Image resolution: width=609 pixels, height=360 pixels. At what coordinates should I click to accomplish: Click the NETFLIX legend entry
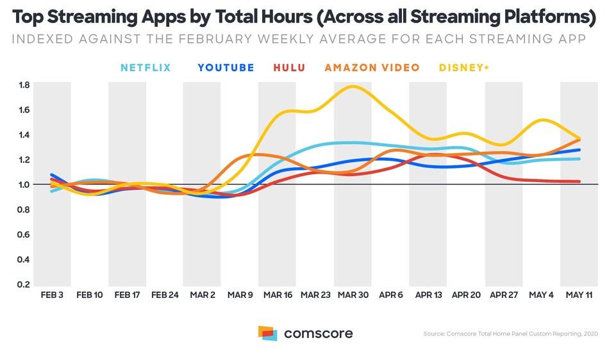(146, 67)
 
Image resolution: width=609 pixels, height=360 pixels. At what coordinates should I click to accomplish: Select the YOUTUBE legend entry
(226, 67)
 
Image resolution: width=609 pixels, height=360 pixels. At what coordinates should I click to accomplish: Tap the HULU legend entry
(289, 67)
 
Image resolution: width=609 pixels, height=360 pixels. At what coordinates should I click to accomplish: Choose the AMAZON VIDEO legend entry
(372, 67)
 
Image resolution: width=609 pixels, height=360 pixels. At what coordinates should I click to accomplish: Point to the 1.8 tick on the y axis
(23, 85)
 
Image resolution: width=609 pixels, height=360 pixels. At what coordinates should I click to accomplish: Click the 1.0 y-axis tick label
(23, 184)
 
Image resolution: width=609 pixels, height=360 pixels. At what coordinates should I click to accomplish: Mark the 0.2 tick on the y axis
(23, 284)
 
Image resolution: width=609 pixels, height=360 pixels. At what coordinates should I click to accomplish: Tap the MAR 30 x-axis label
(353, 295)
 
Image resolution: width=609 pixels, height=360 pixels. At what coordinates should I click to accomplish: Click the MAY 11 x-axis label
(580, 295)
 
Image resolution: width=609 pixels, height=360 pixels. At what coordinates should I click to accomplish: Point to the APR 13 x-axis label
(428, 295)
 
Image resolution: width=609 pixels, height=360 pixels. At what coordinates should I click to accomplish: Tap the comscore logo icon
(267, 333)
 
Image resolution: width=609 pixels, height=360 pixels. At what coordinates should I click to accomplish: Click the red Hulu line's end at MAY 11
(580, 181)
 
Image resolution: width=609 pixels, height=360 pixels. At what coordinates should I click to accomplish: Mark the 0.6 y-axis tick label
(23, 234)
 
